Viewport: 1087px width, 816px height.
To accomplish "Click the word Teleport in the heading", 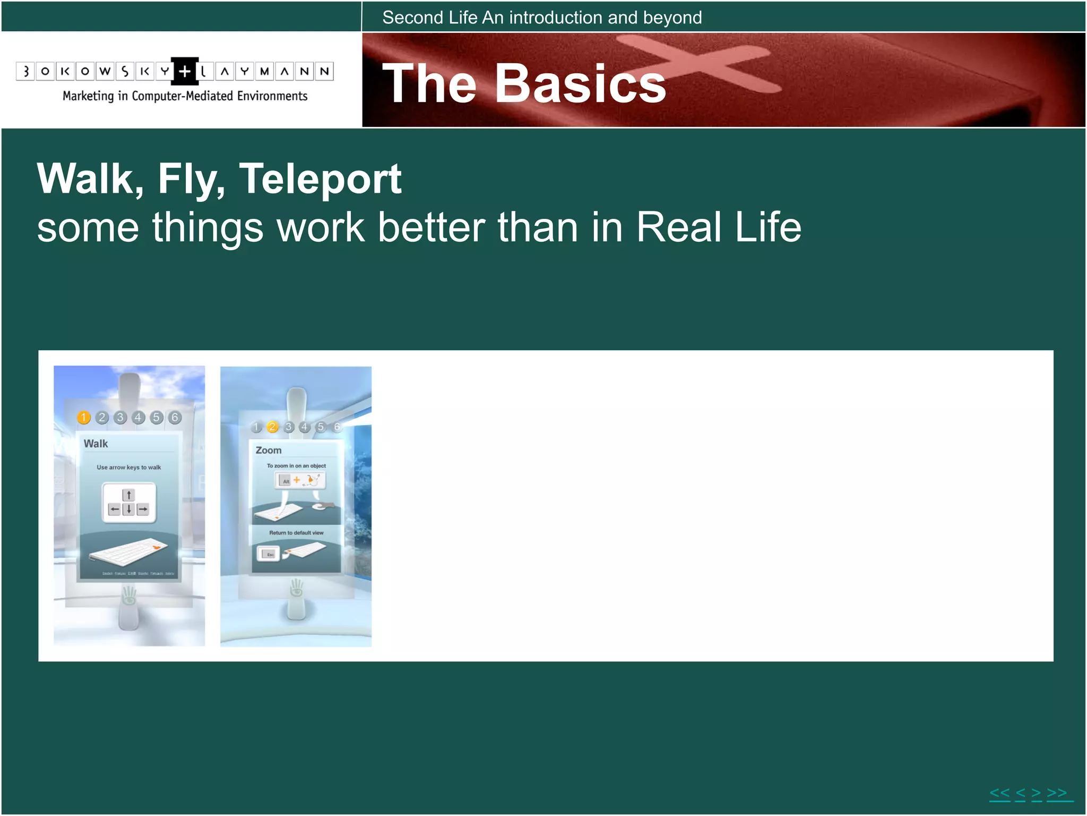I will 320,180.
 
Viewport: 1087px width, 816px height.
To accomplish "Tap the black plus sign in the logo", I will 185,71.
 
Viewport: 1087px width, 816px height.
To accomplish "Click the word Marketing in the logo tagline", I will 88,96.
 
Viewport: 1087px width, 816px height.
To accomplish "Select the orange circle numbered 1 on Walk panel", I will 84,418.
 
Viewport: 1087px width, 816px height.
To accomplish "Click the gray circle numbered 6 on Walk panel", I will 175,418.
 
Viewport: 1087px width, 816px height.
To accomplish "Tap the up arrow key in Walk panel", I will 128,495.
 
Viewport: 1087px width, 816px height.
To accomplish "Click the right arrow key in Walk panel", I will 143,509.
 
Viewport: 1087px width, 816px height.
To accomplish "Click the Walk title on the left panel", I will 96,444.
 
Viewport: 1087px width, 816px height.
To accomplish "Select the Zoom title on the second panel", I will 269,450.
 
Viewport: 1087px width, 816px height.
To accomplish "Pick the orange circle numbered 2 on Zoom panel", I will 272,427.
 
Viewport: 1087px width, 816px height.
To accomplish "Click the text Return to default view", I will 296,533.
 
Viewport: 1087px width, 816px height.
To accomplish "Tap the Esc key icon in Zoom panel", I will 269,554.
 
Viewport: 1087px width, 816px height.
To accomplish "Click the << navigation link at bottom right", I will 1000,794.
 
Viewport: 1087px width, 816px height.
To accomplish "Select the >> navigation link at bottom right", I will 1057,794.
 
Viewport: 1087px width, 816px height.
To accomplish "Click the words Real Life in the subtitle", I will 719,227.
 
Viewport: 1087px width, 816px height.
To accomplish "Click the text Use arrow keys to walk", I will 129,467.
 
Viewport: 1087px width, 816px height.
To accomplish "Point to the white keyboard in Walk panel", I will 128,550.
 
